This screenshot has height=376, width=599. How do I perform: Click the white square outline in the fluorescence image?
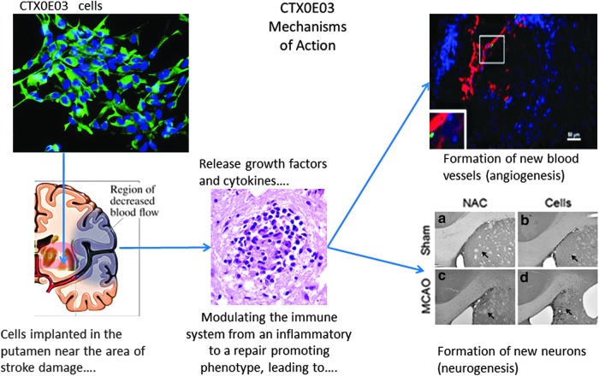click(x=492, y=49)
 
